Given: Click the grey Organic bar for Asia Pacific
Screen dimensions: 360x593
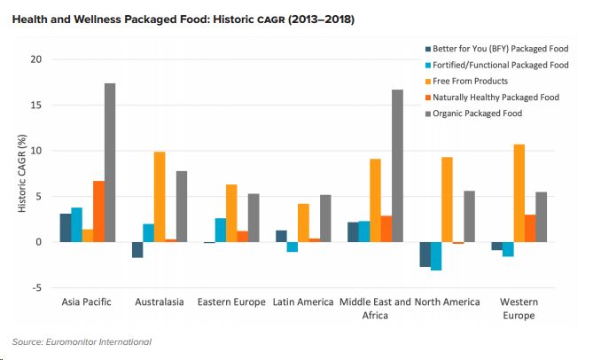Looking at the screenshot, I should (110, 162).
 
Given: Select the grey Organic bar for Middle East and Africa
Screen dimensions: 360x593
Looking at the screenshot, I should (398, 166).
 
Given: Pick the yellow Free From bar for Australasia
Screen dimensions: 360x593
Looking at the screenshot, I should (160, 197).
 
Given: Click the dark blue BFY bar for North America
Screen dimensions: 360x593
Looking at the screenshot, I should (425, 254).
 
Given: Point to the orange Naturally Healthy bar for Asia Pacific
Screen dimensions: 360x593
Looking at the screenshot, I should (98, 211).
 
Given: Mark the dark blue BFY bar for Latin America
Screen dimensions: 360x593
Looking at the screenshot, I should (281, 236).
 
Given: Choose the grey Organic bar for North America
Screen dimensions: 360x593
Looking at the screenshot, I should (470, 216).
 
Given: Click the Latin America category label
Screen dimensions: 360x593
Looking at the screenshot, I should (302, 302).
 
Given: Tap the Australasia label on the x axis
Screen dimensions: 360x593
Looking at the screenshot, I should (159, 302).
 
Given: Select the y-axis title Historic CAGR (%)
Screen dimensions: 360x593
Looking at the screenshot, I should (24, 174).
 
